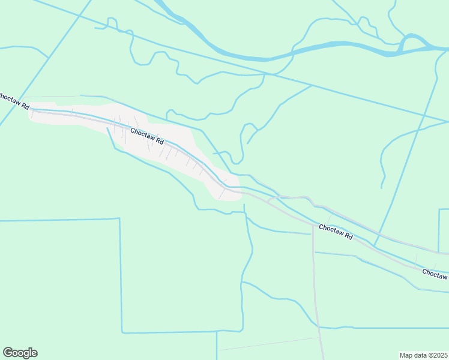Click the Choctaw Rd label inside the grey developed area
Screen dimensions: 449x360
click(147, 136)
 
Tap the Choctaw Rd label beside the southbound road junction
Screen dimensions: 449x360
click(336, 231)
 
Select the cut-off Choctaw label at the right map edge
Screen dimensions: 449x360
click(435, 274)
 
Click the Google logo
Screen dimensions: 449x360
click(20, 353)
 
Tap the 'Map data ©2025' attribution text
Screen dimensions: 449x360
click(423, 355)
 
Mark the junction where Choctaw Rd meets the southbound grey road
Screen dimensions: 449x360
click(313, 226)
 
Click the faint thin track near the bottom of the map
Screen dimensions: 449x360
click(270, 343)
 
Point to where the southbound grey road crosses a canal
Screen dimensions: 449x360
click(319, 328)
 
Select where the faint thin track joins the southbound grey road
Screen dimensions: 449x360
click(319, 338)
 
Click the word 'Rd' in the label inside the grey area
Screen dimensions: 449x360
click(159, 142)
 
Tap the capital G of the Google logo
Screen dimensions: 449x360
click(8, 352)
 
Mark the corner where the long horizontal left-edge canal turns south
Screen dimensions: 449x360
click(120, 219)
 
